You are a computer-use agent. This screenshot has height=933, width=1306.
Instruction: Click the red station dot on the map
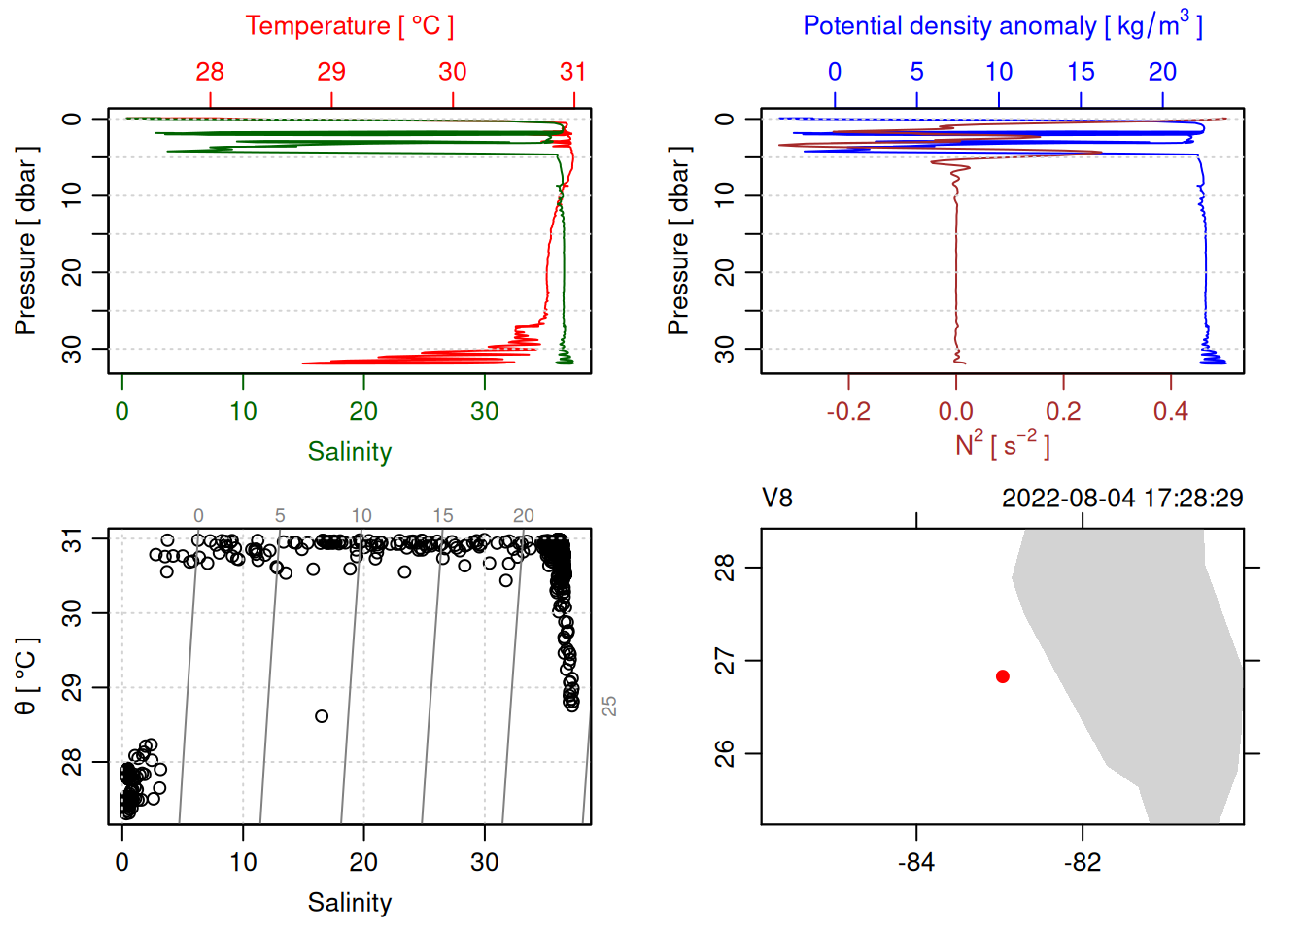(1002, 676)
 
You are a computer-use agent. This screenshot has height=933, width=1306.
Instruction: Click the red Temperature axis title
(349, 26)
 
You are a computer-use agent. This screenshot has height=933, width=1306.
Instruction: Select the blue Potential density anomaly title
(1002, 26)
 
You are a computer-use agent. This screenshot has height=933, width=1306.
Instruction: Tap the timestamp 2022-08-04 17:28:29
(1121, 499)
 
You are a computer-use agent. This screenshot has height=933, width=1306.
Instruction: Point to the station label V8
(777, 499)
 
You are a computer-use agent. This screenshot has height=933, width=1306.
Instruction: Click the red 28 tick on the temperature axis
(210, 72)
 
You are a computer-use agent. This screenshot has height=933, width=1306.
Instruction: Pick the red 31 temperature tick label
(573, 72)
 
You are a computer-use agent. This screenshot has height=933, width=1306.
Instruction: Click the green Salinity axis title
(349, 452)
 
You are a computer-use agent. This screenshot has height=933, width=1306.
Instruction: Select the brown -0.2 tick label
(847, 412)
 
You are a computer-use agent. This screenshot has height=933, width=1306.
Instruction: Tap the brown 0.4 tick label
(1170, 412)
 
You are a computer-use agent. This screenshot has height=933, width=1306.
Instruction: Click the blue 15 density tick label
(1081, 72)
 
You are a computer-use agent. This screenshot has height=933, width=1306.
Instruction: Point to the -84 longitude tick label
(915, 863)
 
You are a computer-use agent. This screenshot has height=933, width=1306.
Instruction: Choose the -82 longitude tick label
(1082, 863)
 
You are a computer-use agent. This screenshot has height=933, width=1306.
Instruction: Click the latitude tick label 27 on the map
(725, 661)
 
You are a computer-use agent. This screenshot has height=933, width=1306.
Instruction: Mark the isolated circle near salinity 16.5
(322, 716)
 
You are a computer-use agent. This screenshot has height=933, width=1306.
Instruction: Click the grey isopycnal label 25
(609, 707)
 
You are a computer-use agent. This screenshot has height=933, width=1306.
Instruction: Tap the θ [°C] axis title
(25, 676)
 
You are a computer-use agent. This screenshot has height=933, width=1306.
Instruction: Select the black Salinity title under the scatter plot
(349, 903)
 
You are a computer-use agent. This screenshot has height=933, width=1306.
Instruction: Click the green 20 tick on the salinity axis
(363, 412)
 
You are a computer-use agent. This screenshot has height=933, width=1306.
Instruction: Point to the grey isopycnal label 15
(443, 516)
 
